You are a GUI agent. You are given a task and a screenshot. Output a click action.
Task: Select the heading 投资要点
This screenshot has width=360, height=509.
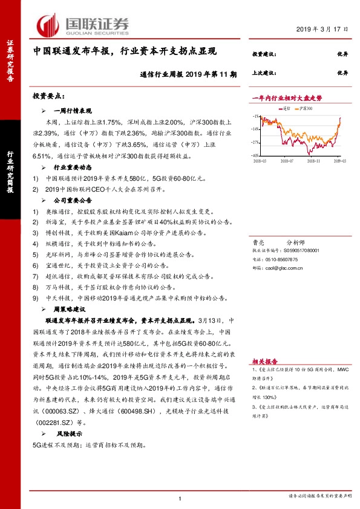pyautogui.click(x=48, y=96)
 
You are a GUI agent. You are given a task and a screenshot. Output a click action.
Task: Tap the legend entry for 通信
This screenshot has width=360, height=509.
pyautogui.click(x=286, y=109)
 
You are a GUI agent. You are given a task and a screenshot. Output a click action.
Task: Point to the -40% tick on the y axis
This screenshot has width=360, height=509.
pyautogui.click(x=256, y=155)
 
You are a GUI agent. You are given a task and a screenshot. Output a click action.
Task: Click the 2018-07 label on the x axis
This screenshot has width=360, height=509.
pyautogui.click(x=288, y=161)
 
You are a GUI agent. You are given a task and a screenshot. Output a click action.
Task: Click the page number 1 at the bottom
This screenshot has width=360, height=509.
pyautogui.click(x=180, y=498)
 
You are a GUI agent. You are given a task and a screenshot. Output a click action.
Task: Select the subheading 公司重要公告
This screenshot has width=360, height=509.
pyautogui.click(x=73, y=199)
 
